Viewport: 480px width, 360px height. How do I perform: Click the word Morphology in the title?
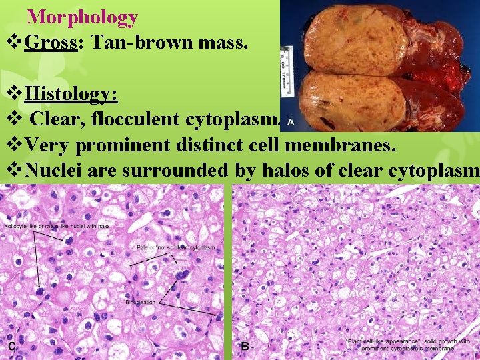coord(83,17)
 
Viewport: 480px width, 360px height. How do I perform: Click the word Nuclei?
coord(49,170)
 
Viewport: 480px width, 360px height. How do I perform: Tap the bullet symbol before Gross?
coord(14,45)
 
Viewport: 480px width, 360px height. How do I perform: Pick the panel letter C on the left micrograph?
coord(11,347)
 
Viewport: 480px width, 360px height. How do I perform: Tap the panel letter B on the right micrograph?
coord(245,347)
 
